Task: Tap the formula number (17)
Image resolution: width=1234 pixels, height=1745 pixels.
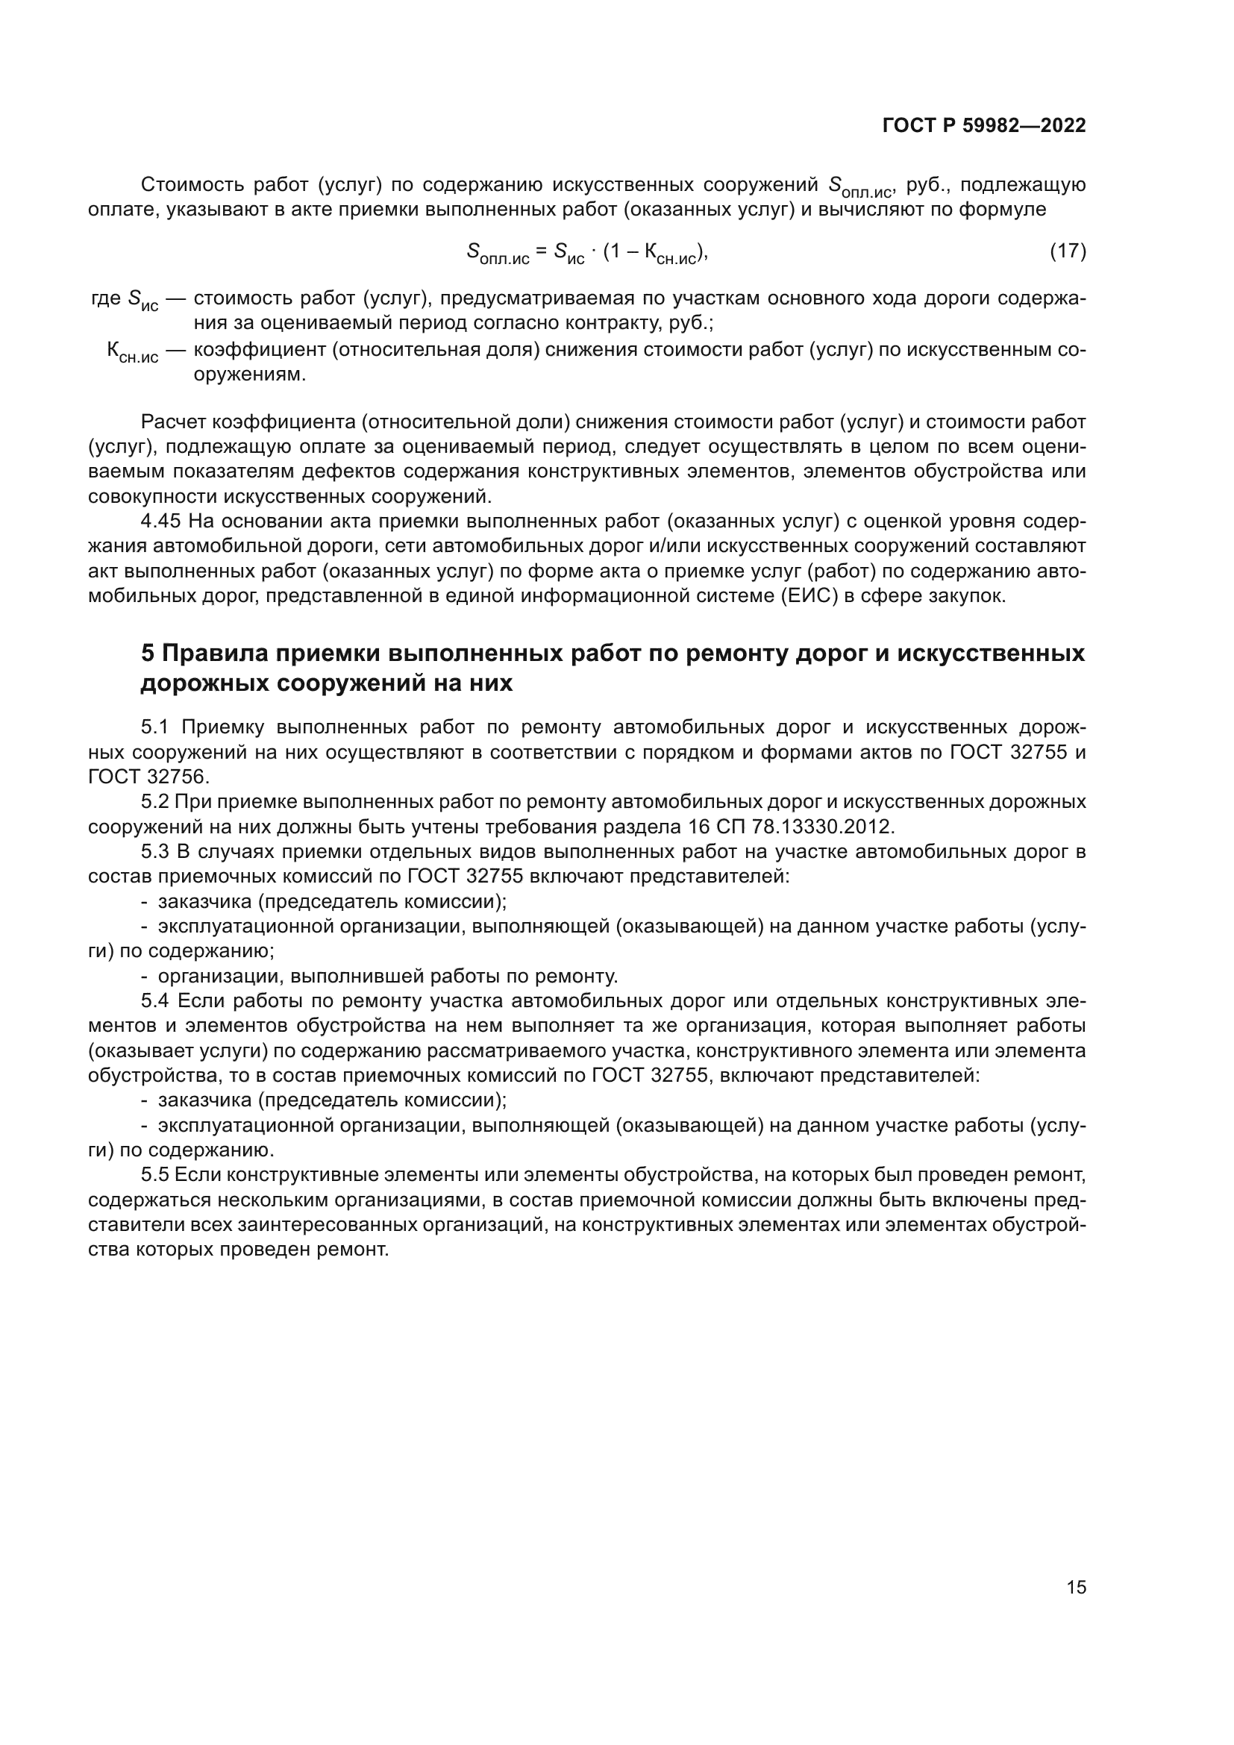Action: coord(1067,251)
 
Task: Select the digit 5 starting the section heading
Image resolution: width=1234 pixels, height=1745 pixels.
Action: coord(148,654)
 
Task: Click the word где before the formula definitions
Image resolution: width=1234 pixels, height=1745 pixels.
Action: coord(105,298)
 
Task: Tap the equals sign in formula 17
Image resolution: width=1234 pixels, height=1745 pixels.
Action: coord(541,251)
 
